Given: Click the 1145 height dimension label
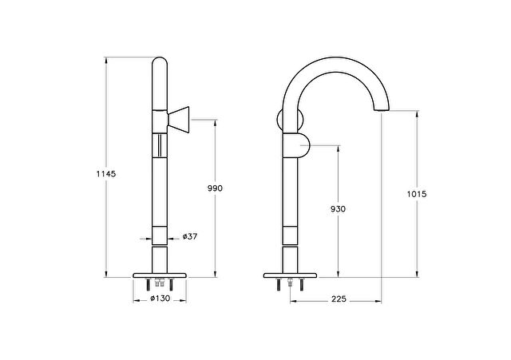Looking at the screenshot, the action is tap(106, 174).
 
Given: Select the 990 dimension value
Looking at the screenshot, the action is tap(215, 188).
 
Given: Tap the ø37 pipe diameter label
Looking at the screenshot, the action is tap(190, 236).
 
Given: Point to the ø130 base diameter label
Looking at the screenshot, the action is tap(160, 298).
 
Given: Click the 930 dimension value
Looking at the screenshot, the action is tap(338, 209).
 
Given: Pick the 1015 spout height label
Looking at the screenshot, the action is tap(417, 194).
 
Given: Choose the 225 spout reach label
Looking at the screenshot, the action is tap(339, 299).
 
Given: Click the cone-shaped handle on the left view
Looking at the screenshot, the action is tap(178, 120).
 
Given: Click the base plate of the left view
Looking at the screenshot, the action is tap(160, 275).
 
